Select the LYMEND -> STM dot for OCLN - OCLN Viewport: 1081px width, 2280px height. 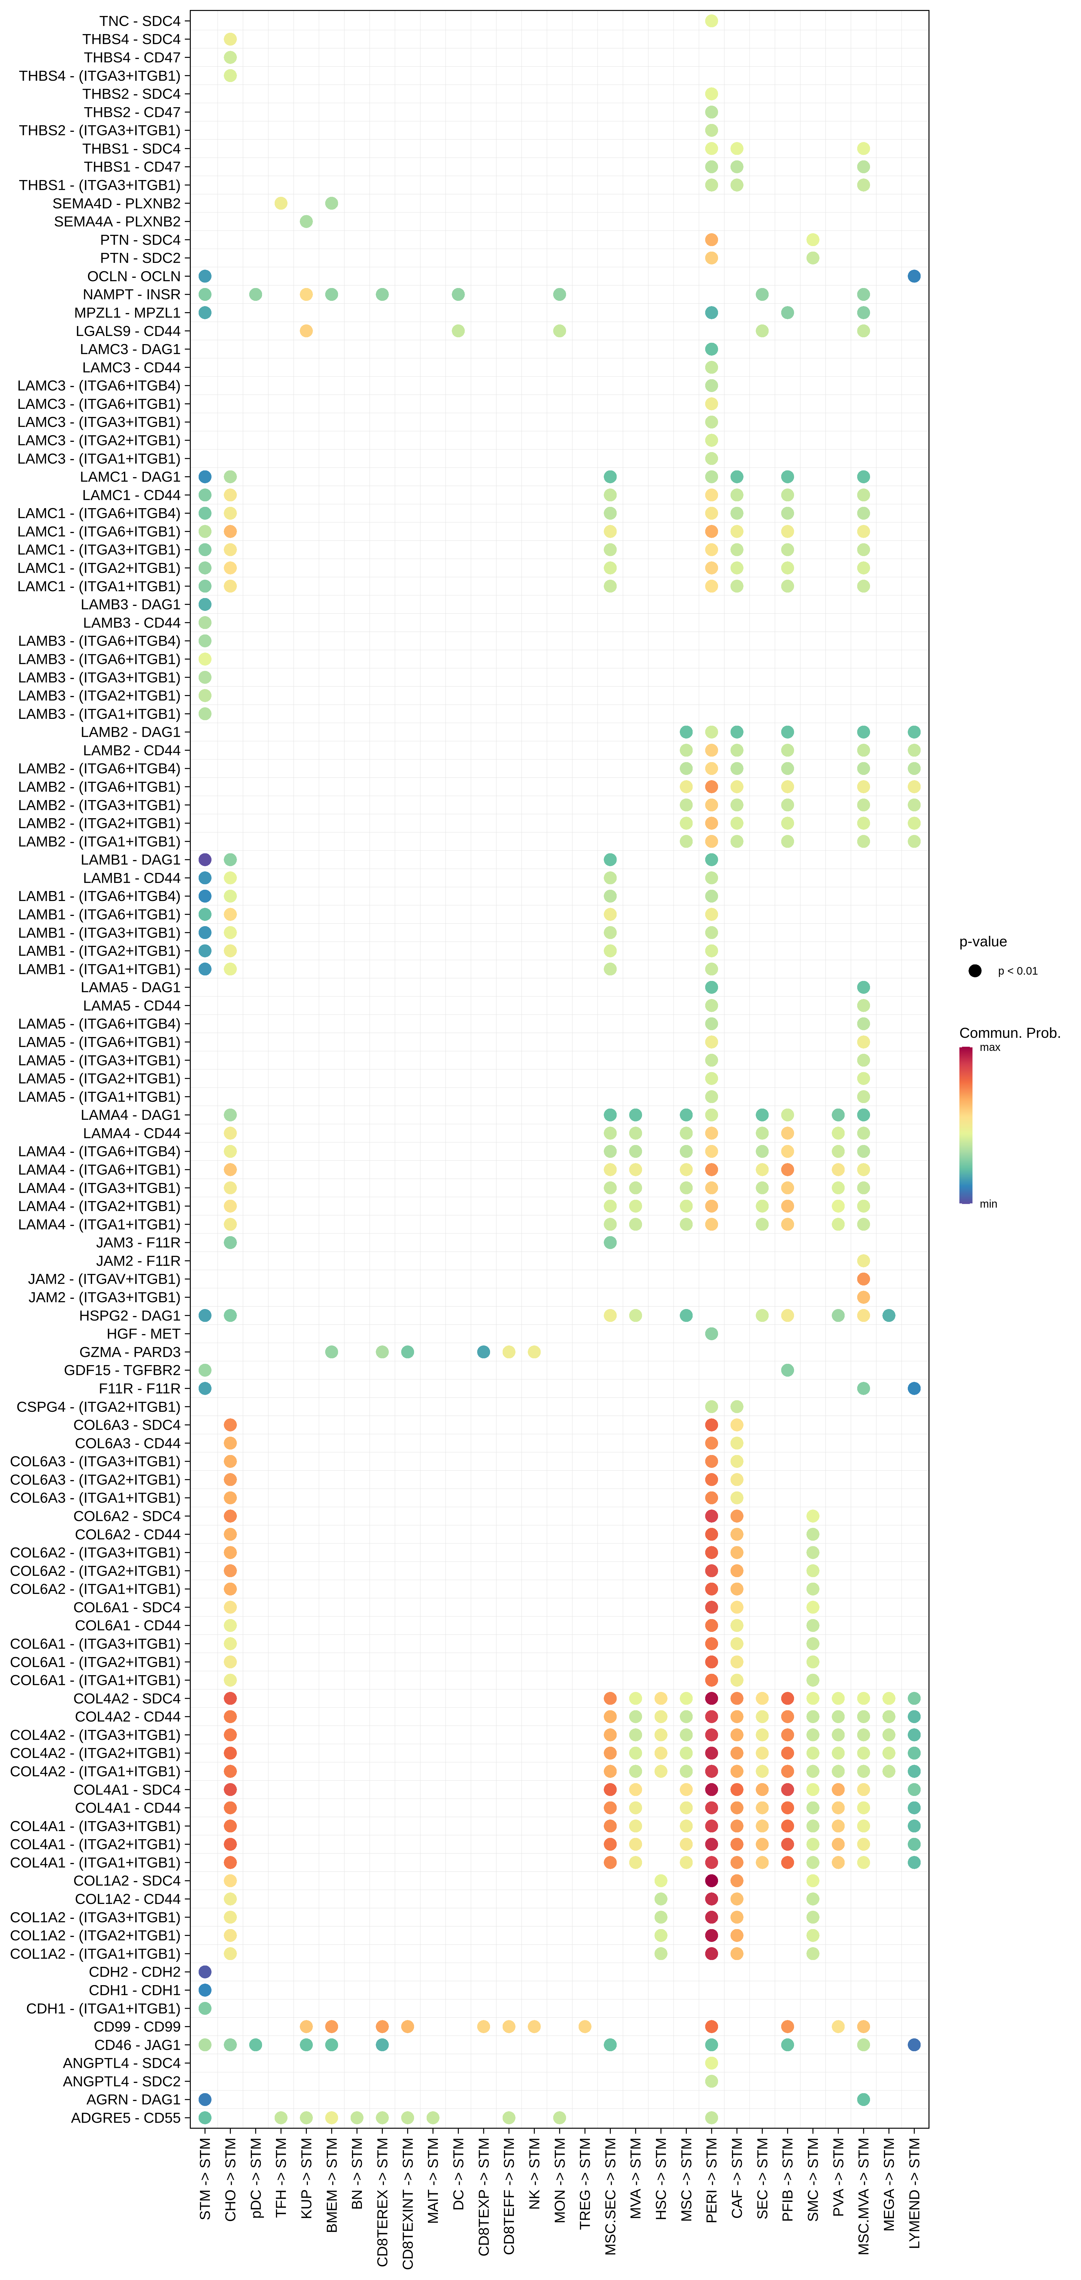point(914,276)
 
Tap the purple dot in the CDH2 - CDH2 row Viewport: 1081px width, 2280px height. point(204,1971)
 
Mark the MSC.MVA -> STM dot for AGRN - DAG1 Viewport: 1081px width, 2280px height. point(863,2099)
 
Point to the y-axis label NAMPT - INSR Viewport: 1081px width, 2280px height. point(131,294)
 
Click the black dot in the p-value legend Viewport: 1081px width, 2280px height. point(975,971)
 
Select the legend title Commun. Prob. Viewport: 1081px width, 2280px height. point(1009,1033)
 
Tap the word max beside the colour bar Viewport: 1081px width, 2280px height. point(990,1047)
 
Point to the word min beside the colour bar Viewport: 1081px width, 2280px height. point(988,1204)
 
